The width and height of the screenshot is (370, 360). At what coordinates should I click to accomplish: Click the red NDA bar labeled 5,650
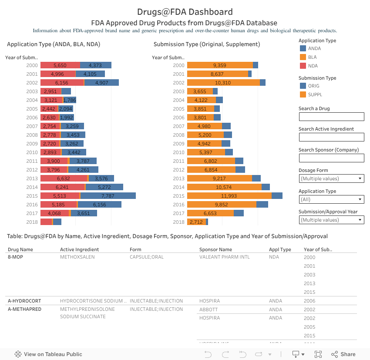60,65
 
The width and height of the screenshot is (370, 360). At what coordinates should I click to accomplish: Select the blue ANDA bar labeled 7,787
108,196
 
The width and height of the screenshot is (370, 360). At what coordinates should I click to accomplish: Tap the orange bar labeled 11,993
229,196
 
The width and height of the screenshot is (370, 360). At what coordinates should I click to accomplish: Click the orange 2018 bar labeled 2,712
196,222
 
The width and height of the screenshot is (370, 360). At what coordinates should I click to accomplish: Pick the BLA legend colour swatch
303,57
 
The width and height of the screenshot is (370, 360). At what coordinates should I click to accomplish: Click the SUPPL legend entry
314,94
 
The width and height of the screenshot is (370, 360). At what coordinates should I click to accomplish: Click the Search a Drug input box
331,117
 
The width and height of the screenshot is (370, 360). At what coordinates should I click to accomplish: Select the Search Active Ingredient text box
331,137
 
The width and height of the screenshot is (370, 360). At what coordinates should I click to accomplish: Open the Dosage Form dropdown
331,178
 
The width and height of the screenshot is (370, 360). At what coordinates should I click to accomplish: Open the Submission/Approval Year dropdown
331,220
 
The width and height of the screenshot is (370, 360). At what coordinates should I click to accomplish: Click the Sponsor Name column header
215,249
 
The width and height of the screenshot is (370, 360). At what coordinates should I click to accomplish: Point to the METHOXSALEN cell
77,257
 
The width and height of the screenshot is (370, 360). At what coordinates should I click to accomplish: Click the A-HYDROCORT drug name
24,301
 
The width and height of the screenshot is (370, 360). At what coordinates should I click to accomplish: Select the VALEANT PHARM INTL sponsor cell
225,257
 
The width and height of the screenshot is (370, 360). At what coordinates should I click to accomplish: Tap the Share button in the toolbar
343,354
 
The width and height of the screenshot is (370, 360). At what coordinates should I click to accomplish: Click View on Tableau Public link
49,354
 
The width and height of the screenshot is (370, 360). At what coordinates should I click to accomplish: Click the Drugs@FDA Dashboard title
185,12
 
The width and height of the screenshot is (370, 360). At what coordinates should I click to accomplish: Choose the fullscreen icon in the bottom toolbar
318,354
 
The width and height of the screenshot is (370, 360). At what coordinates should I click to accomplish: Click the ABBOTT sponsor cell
209,310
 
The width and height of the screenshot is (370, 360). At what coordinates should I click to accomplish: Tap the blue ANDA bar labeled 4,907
101,83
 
